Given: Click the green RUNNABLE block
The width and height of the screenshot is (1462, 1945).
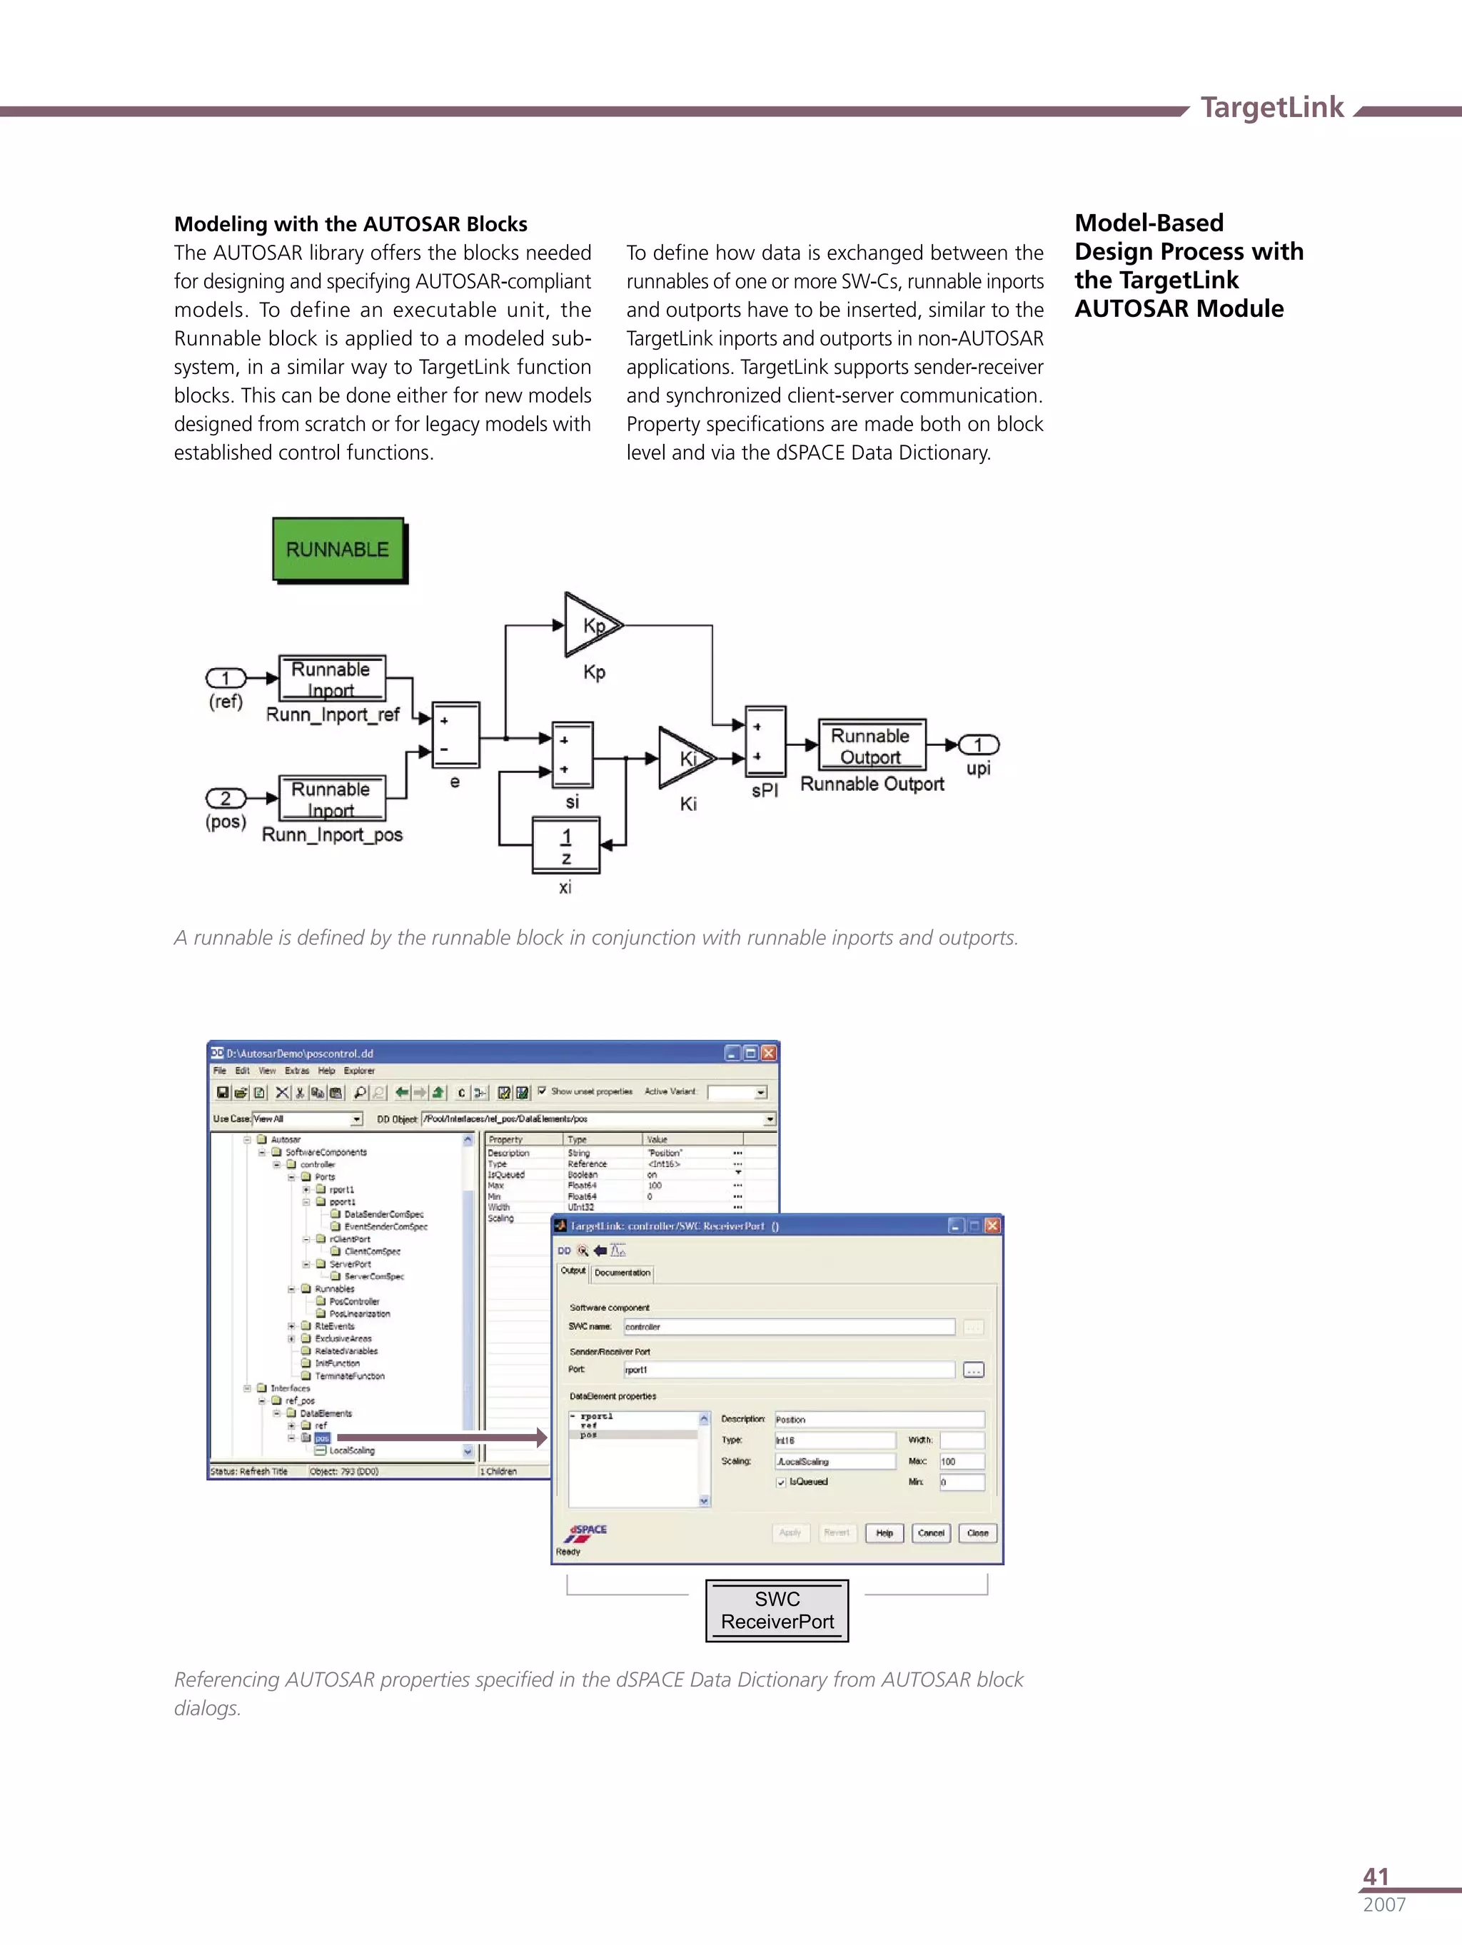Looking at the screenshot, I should [x=338, y=550].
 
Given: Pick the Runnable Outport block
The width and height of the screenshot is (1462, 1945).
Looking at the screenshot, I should [x=871, y=746].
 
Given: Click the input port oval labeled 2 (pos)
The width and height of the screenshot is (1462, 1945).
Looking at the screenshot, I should [x=225, y=799].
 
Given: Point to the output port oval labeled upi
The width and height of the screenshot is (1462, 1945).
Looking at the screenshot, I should [x=978, y=744].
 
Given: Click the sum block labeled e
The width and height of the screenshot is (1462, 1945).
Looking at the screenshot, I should [x=455, y=735].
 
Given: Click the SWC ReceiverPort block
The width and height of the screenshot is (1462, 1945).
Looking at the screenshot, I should [x=777, y=1610].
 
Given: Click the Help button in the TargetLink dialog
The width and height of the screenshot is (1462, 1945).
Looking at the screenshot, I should [x=884, y=1533].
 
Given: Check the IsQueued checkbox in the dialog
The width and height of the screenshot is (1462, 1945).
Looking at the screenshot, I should [x=781, y=1482].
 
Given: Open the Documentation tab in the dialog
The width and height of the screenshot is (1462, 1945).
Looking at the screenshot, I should [x=622, y=1273].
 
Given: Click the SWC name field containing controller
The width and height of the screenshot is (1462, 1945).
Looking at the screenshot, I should [x=788, y=1327].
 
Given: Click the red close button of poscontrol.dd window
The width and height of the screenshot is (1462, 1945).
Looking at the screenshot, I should [x=769, y=1053].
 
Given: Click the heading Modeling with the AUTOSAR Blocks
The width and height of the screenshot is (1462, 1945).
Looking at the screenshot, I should [x=350, y=224].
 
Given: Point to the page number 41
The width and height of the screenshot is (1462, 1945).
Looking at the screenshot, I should [x=1375, y=1876].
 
